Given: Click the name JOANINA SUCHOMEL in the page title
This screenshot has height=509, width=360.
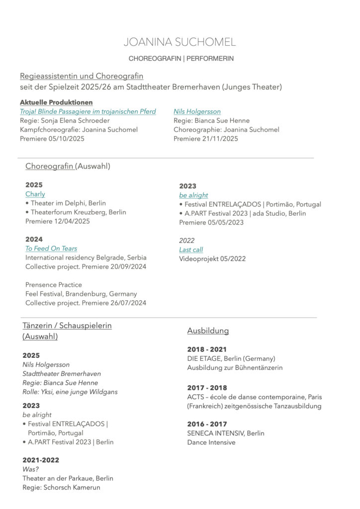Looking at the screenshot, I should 180,42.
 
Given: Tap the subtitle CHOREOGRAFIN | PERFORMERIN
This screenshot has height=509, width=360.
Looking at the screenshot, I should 181,59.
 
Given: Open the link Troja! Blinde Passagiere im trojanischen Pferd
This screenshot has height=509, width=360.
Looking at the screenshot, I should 88,111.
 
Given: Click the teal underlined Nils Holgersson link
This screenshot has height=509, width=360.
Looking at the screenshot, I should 197,111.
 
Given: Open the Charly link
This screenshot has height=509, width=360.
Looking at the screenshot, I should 35,194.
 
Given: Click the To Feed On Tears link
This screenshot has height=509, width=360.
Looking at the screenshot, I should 51,249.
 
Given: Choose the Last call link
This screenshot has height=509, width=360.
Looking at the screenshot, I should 191,250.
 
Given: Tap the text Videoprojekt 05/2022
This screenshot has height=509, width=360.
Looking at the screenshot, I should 212,258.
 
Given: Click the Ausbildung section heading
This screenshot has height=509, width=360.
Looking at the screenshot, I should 208,331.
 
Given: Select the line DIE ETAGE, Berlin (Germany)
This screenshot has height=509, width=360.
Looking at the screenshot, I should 231,358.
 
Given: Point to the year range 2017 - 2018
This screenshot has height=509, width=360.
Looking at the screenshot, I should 207,388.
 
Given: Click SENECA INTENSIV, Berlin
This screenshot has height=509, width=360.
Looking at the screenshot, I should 226,433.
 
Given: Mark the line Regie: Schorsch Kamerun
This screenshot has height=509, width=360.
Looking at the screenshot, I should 61,487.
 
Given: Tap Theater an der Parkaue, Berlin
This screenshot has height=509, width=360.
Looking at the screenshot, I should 68,478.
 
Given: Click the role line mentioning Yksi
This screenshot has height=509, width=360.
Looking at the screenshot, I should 70,392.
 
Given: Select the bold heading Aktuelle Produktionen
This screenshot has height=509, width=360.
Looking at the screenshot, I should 56,102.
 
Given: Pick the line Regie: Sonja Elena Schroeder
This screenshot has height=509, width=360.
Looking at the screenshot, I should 65,120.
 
